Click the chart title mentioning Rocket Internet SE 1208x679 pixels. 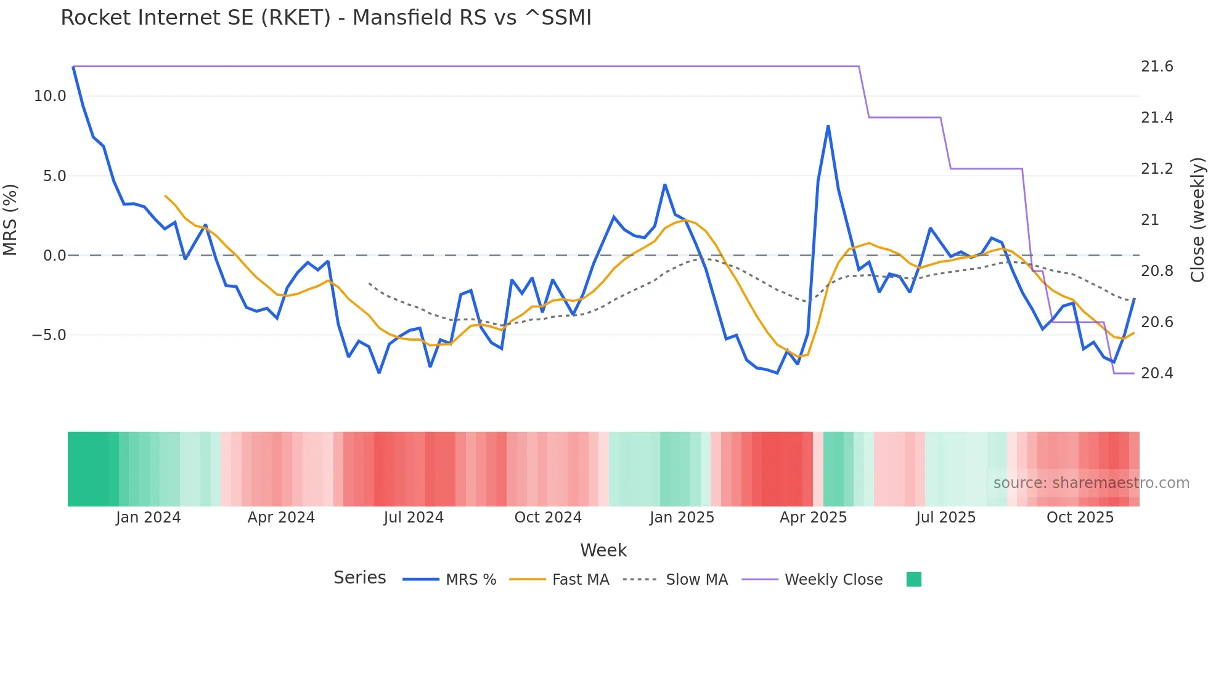click(325, 18)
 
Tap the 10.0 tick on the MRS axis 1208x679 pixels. click(49, 96)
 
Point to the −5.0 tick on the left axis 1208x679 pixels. click(49, 335)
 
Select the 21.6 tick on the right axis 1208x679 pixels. click(1157, 67)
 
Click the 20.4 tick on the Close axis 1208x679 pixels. click(1157, 373)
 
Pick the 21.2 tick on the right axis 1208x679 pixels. click(1157, 169)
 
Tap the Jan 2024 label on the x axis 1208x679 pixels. click(148, 518)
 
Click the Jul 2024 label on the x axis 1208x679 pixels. click(414, 518)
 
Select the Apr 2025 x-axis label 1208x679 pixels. click(813, 518)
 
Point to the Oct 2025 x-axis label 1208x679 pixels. click(1080, 518)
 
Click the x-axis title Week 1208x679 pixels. click(603, 550)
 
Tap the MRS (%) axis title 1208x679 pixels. click(10, 219)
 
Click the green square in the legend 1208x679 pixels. click(914, 579)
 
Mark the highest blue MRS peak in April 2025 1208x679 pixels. click(828, 126)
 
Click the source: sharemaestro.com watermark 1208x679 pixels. click(1091, 483)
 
